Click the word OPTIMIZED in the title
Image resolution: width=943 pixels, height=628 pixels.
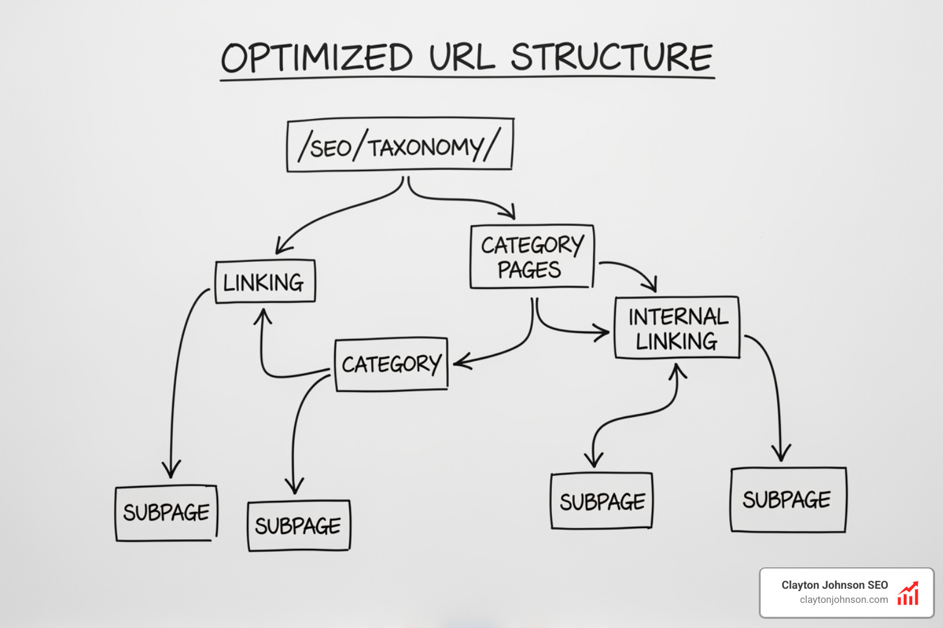(316, 58)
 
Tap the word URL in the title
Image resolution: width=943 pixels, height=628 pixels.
(461, 58)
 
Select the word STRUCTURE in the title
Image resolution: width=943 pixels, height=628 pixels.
(611, 58)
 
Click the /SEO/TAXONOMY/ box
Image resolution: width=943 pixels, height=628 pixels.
(400, 146)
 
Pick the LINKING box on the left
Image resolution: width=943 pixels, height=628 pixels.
(265, 282)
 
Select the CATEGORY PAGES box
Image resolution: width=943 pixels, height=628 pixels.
(532, 257)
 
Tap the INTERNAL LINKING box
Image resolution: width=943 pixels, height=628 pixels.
(677, 328)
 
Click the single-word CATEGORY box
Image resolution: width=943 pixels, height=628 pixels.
(391, 364)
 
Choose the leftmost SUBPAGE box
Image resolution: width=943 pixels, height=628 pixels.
(166, 513)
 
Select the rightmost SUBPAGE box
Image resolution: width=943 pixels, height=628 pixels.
(788, 500)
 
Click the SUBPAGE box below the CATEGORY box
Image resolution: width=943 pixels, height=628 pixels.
(298, 526)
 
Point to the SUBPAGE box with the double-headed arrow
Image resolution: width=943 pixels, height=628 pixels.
(601, 501)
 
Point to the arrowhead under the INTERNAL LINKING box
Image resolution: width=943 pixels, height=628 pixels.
(677, 370)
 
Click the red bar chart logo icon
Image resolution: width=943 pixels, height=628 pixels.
(908, 593)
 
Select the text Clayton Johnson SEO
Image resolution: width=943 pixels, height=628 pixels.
(834, 585)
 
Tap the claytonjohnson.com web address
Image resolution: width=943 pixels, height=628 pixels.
(844, 600)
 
